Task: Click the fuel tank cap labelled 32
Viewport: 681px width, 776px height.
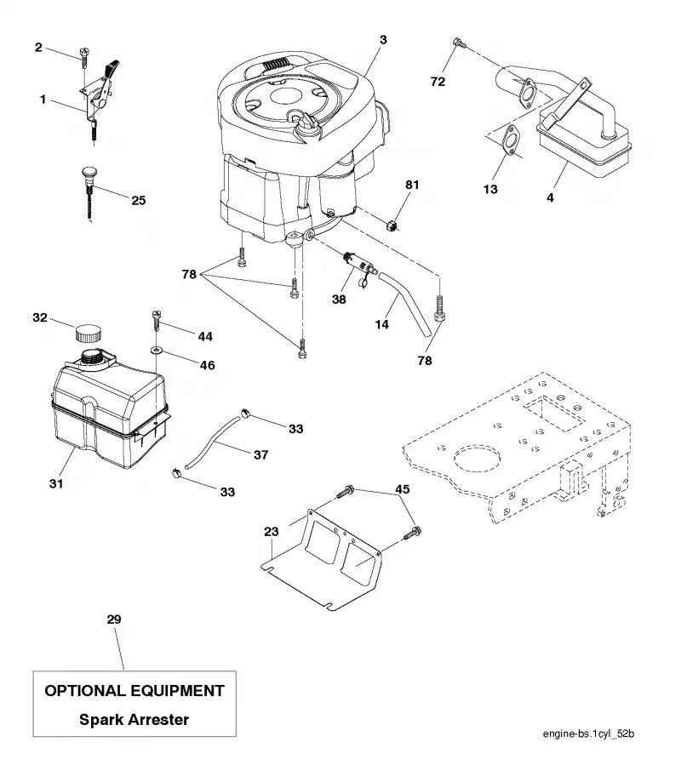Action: coord(89,332)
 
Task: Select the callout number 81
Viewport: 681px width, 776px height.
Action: coord(412,185)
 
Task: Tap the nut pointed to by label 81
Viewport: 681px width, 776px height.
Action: coord(392,226)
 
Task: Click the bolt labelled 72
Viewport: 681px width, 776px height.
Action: coord(459,43)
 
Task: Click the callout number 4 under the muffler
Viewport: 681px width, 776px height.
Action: coord(550,197)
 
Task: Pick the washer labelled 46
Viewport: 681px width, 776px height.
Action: coord(156,351)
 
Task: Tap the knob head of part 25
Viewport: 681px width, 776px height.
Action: coord(89,174)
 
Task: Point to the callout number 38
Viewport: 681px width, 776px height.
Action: coord(339,299)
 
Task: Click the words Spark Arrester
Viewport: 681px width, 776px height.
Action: coord(134,719)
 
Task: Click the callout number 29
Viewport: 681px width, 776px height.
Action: coord(114,619)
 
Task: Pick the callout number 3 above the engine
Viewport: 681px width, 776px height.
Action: coord(383,40)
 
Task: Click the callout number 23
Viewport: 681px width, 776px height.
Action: coord(272,532)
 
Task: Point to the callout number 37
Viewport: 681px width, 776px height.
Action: coord(261,454)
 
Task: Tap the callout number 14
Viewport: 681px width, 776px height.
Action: coord(382,324)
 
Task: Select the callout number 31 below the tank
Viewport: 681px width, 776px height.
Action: coord(56,483)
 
